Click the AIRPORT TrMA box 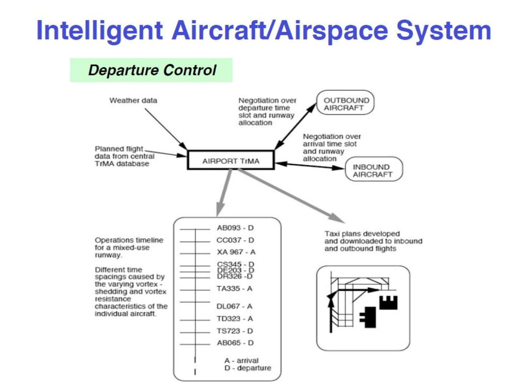coord(231,160)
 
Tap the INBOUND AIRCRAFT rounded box coord(373,170)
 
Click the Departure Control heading coord(152,70)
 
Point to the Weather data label coord(133,101)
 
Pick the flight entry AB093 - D coord(235,228)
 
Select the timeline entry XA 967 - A coord(236,252)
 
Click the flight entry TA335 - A coord(234,288)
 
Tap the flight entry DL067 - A coord(234,306)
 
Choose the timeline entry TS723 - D coord(235,331)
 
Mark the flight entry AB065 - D coord(235,343)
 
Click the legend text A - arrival coord(241,360)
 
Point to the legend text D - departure coord(247,368)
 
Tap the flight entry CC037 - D coord(235,240)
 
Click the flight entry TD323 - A coord(235,318)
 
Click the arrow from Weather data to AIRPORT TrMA coord(166,129)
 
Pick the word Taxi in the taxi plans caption coord(332,234)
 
